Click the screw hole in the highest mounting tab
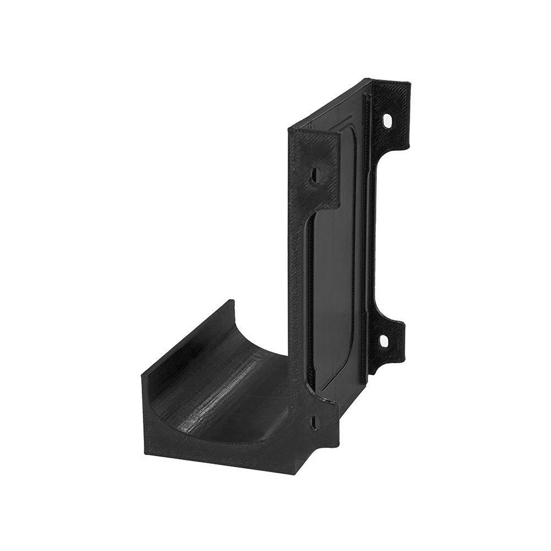tap(387, 120)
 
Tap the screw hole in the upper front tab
tap(316, 176)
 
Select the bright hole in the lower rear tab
tap(384, 342)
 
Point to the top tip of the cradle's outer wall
tap(231, 302)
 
